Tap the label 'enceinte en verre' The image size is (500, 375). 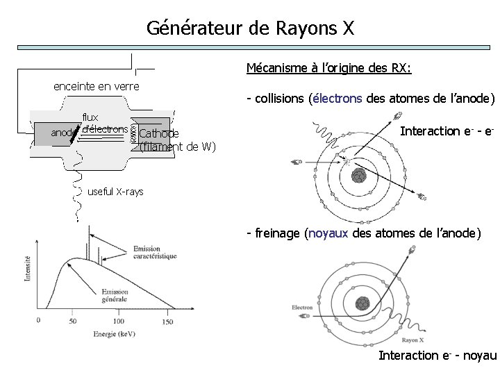point(97,86)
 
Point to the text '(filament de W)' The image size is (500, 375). point(178,147)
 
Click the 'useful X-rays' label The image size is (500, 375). point(115,192)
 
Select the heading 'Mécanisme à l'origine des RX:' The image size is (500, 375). point(328,69)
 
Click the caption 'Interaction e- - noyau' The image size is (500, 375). point(437,356)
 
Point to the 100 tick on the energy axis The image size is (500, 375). point(119,321)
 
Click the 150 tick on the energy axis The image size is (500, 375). point(167,321)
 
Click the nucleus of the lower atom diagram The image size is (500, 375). point(362,303)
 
